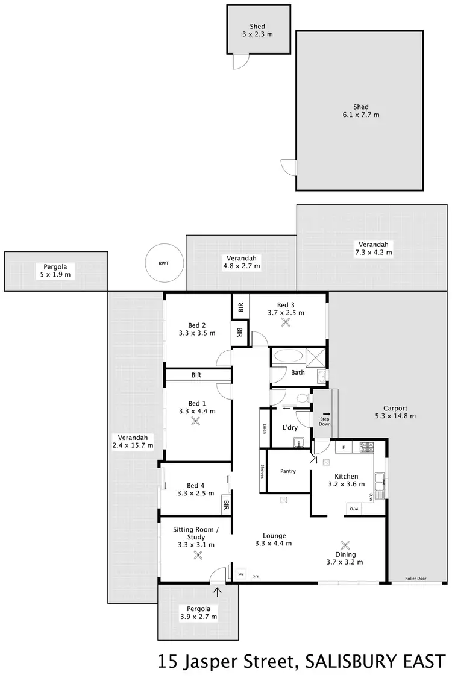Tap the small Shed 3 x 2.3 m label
[x=257, y=31]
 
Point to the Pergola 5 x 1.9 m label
[x=55, y=271]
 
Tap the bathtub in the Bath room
[x=289, y=358]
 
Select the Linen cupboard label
[x=264, y=428]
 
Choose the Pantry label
[x=288, y=471]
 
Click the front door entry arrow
[x=218, y=591]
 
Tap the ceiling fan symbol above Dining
[x=345, y=544]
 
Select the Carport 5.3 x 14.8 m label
[x=395, y=412]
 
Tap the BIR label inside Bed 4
[x=226, y=504]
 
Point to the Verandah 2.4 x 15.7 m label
[x=133, y=442]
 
